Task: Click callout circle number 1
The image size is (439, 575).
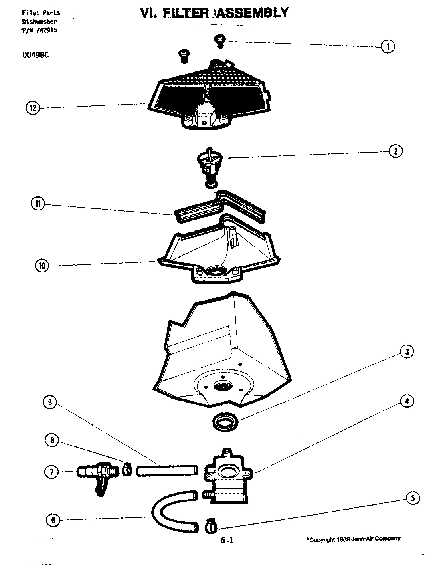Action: pos(388,46)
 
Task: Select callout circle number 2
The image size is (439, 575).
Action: pos(395,151)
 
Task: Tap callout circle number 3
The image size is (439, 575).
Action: pos(407,351)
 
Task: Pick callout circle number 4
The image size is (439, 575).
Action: pos(407,402)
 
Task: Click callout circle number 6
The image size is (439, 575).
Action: pos(53,520)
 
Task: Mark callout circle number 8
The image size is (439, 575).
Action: pos(52,440)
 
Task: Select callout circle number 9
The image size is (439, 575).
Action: pos(50,402)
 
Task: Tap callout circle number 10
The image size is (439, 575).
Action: pos(42,266)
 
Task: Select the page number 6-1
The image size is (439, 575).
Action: pos(227,541)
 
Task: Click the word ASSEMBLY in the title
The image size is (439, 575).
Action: pos(252,13)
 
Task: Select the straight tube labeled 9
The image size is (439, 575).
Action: pos(167,470)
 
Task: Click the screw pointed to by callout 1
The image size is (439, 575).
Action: pos(219,40)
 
